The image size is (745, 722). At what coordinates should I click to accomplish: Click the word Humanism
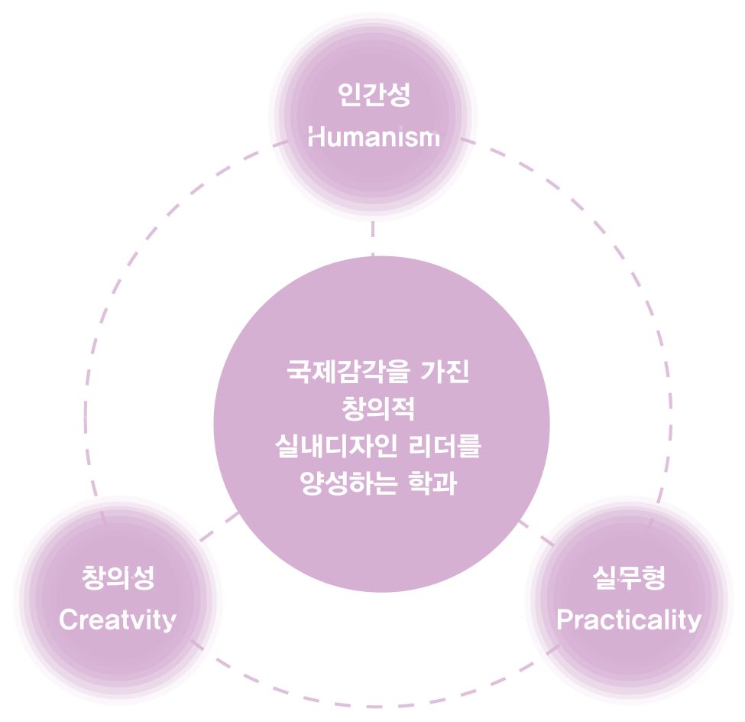tap(374, 138)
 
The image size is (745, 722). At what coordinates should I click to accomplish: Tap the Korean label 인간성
tap(374, 96)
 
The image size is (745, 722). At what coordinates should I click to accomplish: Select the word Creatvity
tap(118, 620)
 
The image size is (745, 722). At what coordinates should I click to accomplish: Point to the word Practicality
tap(628, 620)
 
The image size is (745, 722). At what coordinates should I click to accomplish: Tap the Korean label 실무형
tap(629, 577)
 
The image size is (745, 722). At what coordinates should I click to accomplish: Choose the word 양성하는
tap(348, 484)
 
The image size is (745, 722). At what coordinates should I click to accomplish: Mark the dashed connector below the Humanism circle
tap(373, 238)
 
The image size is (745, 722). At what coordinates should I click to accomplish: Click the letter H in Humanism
tap(315, 138)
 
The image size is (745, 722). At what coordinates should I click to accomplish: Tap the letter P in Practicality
tap(563, 620)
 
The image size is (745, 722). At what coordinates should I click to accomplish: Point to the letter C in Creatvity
tap(67, 620)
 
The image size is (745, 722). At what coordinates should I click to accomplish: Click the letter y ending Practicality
tap(694, 622)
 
